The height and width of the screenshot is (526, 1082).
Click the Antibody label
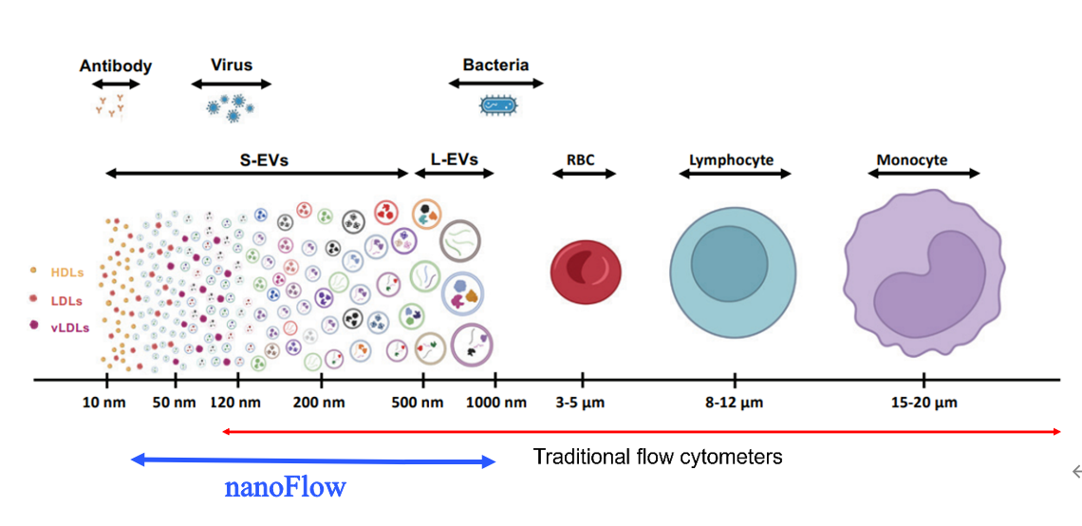pyautogui.click(x=116, y=66)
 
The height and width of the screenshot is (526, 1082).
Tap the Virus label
pyautogui.click(x=232, y=66)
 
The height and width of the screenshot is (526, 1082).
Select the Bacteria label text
pyautogui.click(x=495, y=66)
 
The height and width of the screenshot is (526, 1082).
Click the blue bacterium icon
pyautogui.click(x=495, y=104)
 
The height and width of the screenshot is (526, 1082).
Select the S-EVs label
pyautogui.click(x=264, y=160)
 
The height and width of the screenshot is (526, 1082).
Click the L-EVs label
pyautogui.click(x=454, y=160)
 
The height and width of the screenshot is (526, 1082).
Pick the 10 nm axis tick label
pyautogui.click(x=105, y=403)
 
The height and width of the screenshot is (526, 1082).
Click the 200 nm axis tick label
pyautogui.click(x=320, y=403)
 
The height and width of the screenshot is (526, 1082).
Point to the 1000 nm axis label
pyautogui.click(x=495, y=403)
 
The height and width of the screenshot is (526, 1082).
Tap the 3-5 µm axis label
pyautogui.click(x=580, y=403)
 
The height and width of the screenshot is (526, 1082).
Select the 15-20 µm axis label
pyautogui.click(x=923, y=403)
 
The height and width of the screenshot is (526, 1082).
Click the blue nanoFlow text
pyautogui.click(x=285, y=488)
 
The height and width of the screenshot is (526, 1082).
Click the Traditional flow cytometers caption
pyautogui.click(x=658, y=458)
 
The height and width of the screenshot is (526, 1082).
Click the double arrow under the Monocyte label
pyautogui.click(x=923, y=174)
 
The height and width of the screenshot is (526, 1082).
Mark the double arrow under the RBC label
pyautogui.click(x=585, y=174)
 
